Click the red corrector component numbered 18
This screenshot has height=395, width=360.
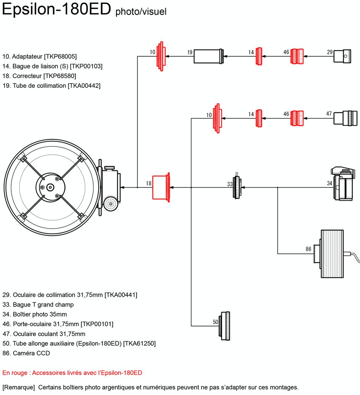[x=161, y=187]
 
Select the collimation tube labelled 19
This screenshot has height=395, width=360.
[x=208, y=56]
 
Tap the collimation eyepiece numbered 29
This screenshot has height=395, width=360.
[x=342, y=56]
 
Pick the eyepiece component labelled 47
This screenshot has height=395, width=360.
[x=345, y=118]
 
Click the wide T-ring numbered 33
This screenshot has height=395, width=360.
[x=237, y=187]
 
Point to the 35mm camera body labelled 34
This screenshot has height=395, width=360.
[x=343, y=184]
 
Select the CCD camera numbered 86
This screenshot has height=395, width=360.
[x=329, y=254]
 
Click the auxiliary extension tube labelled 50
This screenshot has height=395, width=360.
[x=224, y=326]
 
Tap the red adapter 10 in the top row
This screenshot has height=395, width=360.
[x=161, y=56]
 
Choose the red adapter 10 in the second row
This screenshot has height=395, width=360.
[x=217, y=118]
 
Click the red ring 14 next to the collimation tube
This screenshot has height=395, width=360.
[x=259, y=56]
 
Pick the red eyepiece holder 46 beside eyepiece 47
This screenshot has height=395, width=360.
[x=297, y=118]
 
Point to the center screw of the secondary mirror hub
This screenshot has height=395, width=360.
[x=50, y=187]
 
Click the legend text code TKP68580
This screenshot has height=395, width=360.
[x=60, y=76]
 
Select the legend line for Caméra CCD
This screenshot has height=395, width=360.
[x=26, y=353]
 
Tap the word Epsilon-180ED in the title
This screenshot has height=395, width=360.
[x=57, y=9]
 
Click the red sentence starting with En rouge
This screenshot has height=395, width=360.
[x=72, y=373]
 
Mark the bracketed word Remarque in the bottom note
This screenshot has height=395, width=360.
[x=19, y=387]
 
